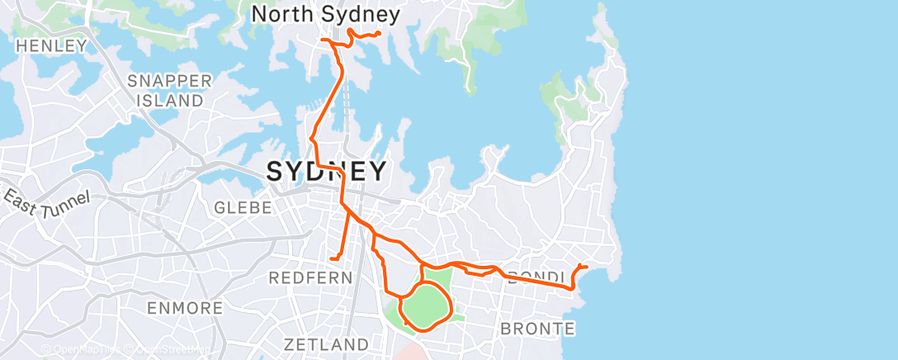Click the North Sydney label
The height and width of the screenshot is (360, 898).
(325, 14)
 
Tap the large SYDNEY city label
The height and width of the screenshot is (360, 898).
(326, 172)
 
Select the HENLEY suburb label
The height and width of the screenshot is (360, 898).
(51, 45)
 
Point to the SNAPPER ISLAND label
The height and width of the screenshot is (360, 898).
(169, 91)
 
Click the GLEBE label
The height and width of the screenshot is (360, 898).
(243, 208)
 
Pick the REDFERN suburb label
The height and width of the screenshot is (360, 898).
(310, 278)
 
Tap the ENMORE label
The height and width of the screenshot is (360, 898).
(185, 309)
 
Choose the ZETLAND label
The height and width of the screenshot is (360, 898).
(326, 343)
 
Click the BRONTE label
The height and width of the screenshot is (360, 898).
(537, 329)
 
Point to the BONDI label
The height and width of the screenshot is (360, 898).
(536, 277)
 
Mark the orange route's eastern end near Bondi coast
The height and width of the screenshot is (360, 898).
(586, 267)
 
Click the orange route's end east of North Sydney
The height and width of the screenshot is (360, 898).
(378, 33)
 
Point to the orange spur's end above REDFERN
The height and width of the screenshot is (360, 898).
(331, 259)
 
